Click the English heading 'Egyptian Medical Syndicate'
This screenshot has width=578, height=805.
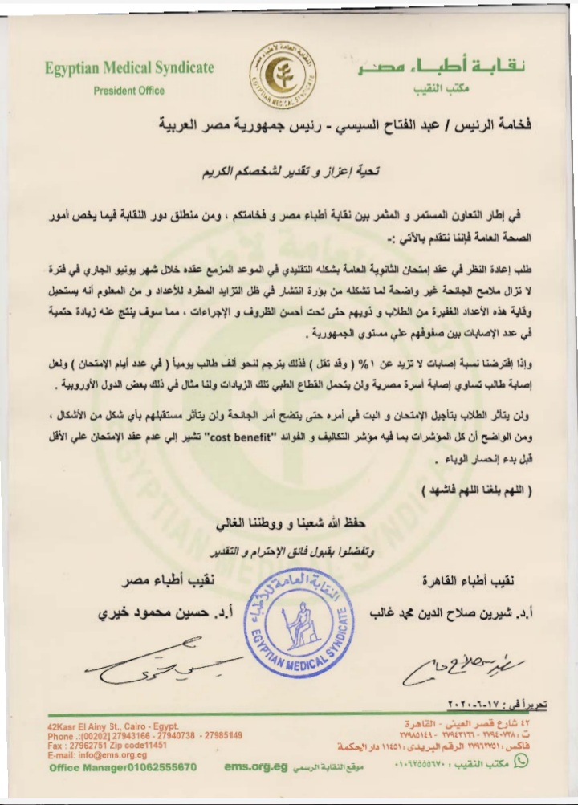point(129,68)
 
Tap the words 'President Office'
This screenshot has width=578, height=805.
point(128,91)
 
